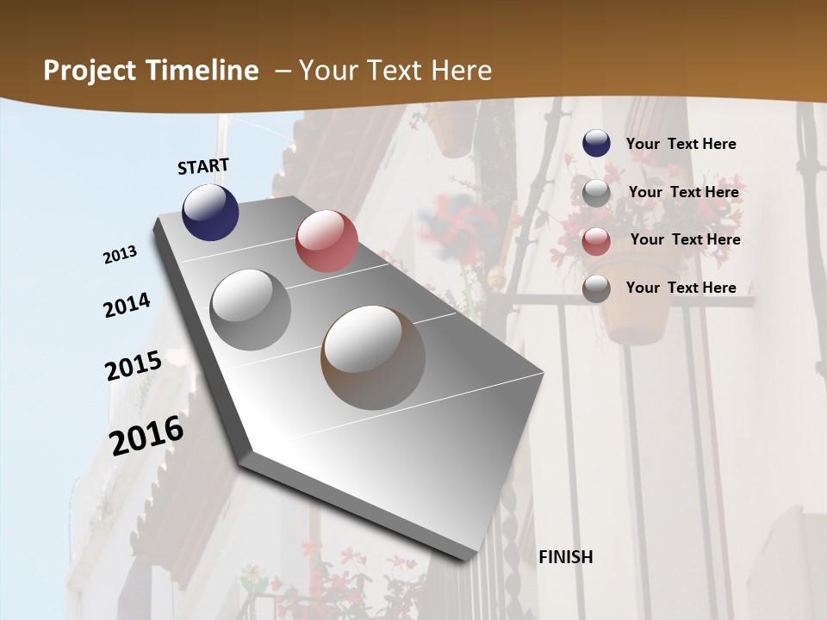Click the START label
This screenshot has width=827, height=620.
pos(203,166)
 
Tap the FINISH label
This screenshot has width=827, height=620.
pos(565,557)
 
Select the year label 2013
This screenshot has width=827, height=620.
pos(120,255)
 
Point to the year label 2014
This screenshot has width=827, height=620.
pos(127,305)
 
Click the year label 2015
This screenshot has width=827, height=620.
pos(134,365)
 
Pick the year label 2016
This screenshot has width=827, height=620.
pos(146,435)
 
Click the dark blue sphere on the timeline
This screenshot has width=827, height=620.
pos(210,212)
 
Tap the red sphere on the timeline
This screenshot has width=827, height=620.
pos(326,241)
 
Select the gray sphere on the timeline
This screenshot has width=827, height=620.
pos(251,310)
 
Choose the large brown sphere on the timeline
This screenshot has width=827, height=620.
pos(373,357)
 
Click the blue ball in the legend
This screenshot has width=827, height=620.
pos(596,144)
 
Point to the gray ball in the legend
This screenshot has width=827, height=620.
pos(596,193)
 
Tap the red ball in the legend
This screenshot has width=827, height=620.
pos(596,241)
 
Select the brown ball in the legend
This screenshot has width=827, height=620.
pos(596,288)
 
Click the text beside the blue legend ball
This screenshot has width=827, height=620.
pos(681,144)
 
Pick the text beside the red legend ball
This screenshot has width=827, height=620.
pos(685,239)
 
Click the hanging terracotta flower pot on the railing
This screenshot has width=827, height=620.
pos(635,314)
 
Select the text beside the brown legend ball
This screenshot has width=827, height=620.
pos(681,288)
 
